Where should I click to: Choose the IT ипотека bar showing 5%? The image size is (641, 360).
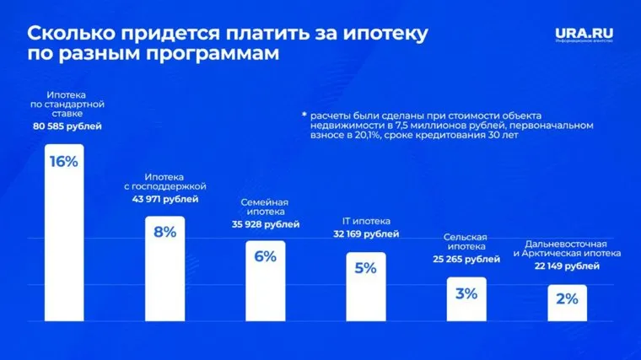pyautogui.click(x=365, y=287)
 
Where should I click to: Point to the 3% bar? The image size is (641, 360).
pyautogui.click(x=466, y=298)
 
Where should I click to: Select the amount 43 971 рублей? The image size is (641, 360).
pyautogui.click(x=165, y=199)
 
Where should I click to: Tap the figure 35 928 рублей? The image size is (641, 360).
pyautogui.click(x=265, y=225)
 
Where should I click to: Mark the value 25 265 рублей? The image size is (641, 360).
pyautogui.click(x=466, y=260)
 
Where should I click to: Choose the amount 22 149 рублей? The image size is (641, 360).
pyautogui.click(x=567, y=266)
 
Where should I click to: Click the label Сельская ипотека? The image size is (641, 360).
pyautogui.click(x=466, y=242)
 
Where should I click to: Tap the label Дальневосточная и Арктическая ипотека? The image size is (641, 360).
pyautogui.click(x=567, y=248)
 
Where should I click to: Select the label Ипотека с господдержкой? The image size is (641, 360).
pyautogui.click(x=165, y=180)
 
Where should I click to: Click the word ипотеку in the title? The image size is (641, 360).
pyautogui.click(x=384, y=35)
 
